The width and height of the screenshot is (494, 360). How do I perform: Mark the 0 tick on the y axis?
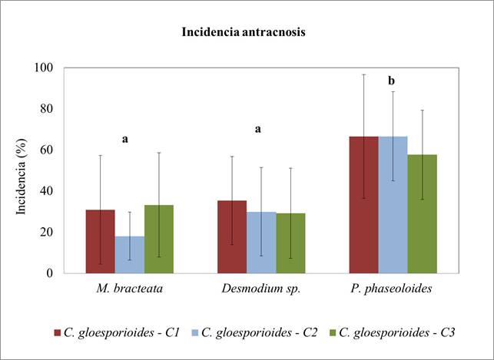[49, 272]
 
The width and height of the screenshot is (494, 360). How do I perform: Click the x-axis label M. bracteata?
[129, 290]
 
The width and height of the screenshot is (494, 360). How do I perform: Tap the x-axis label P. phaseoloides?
[393, 290]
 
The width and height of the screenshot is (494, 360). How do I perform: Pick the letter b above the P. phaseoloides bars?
[391, 81]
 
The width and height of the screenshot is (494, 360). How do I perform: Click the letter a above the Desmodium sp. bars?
[258, 129]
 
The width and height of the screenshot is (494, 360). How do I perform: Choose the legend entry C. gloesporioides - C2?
[254, 332]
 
